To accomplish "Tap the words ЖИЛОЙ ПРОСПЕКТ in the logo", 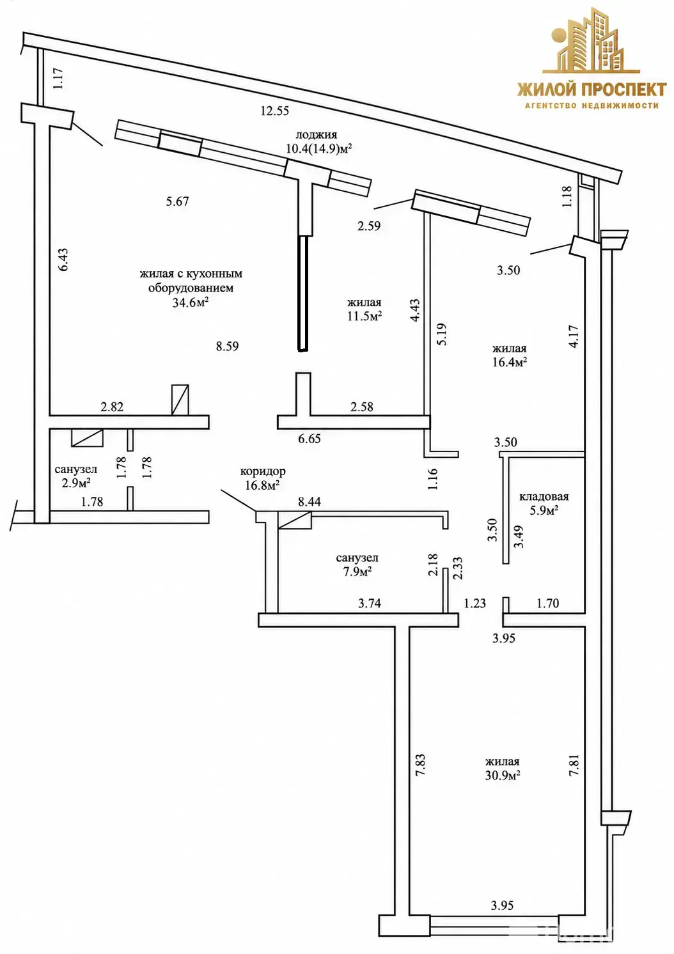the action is click(x=592, y=90).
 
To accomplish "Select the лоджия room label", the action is click(x=316, y=134).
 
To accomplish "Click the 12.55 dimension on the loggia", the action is click(x=275, y=111).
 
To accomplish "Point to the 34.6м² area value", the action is click(x=191, y=302).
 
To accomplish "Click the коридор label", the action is click(x=263, y=471).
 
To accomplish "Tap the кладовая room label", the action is click(x=544, y=497).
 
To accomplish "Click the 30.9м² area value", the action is click(x=503, y=775).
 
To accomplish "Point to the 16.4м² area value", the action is click(x=510, y=362).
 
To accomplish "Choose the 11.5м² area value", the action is click(x=364, y=316).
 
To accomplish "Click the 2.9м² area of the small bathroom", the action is click(x=76, y=483).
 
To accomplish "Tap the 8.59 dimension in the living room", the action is click(x=227, y=347).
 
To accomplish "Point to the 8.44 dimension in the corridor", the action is click(x=310, y=502).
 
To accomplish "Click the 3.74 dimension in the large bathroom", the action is click(x=370, y=603).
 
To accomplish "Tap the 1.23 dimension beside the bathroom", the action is click(x=475, y=603).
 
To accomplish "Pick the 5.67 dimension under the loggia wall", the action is click(x=177, y=201).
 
